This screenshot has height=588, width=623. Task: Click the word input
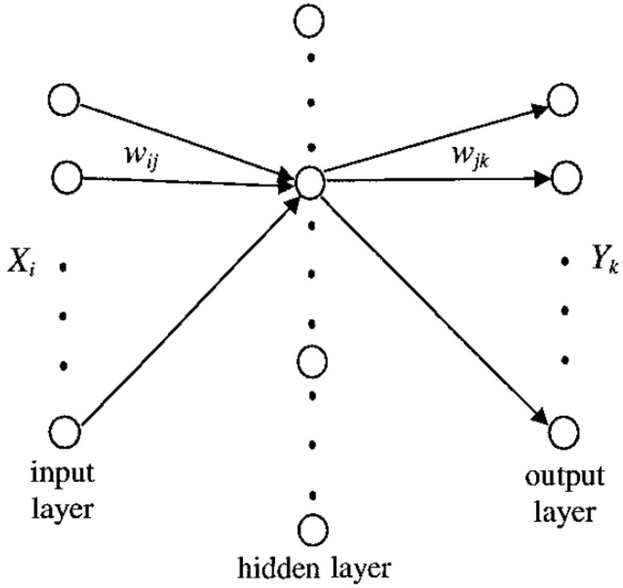(64, 473)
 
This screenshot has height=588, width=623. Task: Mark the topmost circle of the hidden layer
(310, 21)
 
